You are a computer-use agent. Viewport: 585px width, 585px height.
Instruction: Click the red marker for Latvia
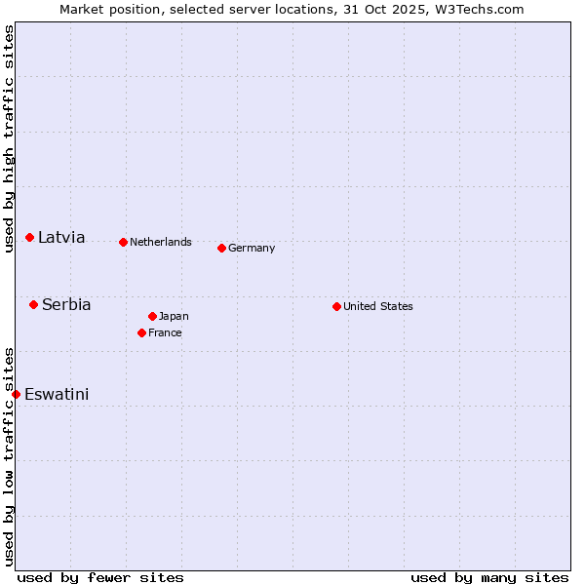pos(30,237)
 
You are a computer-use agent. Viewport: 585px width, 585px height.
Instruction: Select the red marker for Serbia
pos(34,304)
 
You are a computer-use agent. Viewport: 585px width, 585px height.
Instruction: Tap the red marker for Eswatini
pos(17,394)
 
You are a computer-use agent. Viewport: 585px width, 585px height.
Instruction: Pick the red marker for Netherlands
pos(124,242)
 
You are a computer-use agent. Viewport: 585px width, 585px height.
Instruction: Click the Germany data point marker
pos(222,248)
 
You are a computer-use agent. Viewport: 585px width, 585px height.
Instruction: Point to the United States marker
pos(337,306)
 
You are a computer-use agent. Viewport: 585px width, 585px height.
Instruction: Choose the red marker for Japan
pos(153,316)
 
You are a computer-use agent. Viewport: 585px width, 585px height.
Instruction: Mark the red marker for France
pos(142,332)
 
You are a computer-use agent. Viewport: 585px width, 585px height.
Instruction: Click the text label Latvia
pos(61,237)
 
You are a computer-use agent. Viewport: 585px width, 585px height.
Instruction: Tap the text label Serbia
pos(66,304)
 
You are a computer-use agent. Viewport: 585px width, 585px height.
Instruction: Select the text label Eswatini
pos(57,394)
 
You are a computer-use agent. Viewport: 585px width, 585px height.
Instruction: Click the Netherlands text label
pos(161,242)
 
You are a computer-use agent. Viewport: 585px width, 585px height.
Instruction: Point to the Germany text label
pos(252,248)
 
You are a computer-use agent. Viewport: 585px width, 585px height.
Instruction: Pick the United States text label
pos(378,306)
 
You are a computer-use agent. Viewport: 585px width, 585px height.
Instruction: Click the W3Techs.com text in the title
pos(480,9)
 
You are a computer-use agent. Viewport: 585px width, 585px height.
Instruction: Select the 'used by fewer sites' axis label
pos(100,577)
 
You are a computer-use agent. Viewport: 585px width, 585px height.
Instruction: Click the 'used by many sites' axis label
pos(489,577)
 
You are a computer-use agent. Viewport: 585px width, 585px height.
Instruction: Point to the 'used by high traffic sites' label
pos(9,139)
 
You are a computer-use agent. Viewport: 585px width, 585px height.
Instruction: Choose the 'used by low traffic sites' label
pos(9,456)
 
